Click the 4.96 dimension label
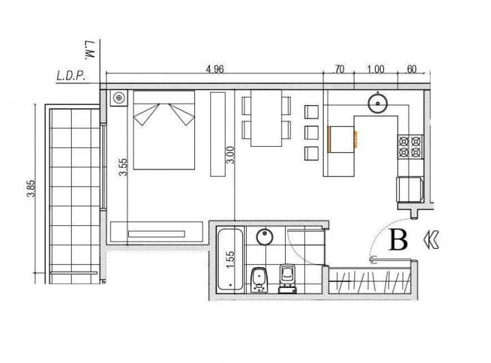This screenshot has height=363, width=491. (x=215, y=69)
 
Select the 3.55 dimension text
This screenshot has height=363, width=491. (x=123, y=167)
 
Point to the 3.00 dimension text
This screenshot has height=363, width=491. (x=230, y=155)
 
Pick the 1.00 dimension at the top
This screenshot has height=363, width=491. (x=375, y=69)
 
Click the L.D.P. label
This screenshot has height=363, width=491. (x=70, y=76)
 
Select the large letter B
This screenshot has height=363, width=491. (x=398, y=240)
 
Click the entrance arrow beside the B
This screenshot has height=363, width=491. (x=432, y=239)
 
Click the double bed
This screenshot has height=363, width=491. (x=164, y=130)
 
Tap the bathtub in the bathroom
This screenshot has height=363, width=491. (x=229, y=261)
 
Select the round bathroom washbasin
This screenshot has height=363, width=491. (x=265, y=237)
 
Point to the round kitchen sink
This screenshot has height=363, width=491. (x=377, y=104)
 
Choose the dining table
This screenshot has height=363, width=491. (x=266, y=118)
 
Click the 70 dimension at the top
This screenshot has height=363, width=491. (x=339, y=69)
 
